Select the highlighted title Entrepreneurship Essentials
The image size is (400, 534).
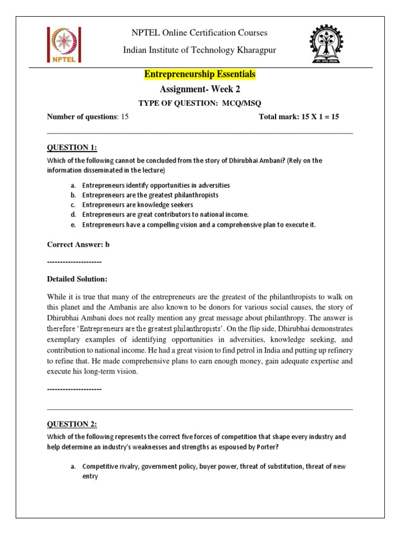[200, 75]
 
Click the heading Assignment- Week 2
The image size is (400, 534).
[200, 89]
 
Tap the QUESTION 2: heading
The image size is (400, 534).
[72, 424]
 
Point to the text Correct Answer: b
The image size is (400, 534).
[79, 244]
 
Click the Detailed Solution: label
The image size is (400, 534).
[77, 279]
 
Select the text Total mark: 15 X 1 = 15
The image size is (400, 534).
[298, 116]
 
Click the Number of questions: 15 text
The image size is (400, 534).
[87, 116]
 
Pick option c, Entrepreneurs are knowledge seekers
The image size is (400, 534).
[137, 205]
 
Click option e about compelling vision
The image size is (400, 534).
[199, 225]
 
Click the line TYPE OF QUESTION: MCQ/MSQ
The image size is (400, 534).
[200, 103]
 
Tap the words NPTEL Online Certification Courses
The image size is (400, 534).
[200, 33]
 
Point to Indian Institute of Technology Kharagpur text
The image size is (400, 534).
[200, 50]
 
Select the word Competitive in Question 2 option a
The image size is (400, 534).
[99, 466]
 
